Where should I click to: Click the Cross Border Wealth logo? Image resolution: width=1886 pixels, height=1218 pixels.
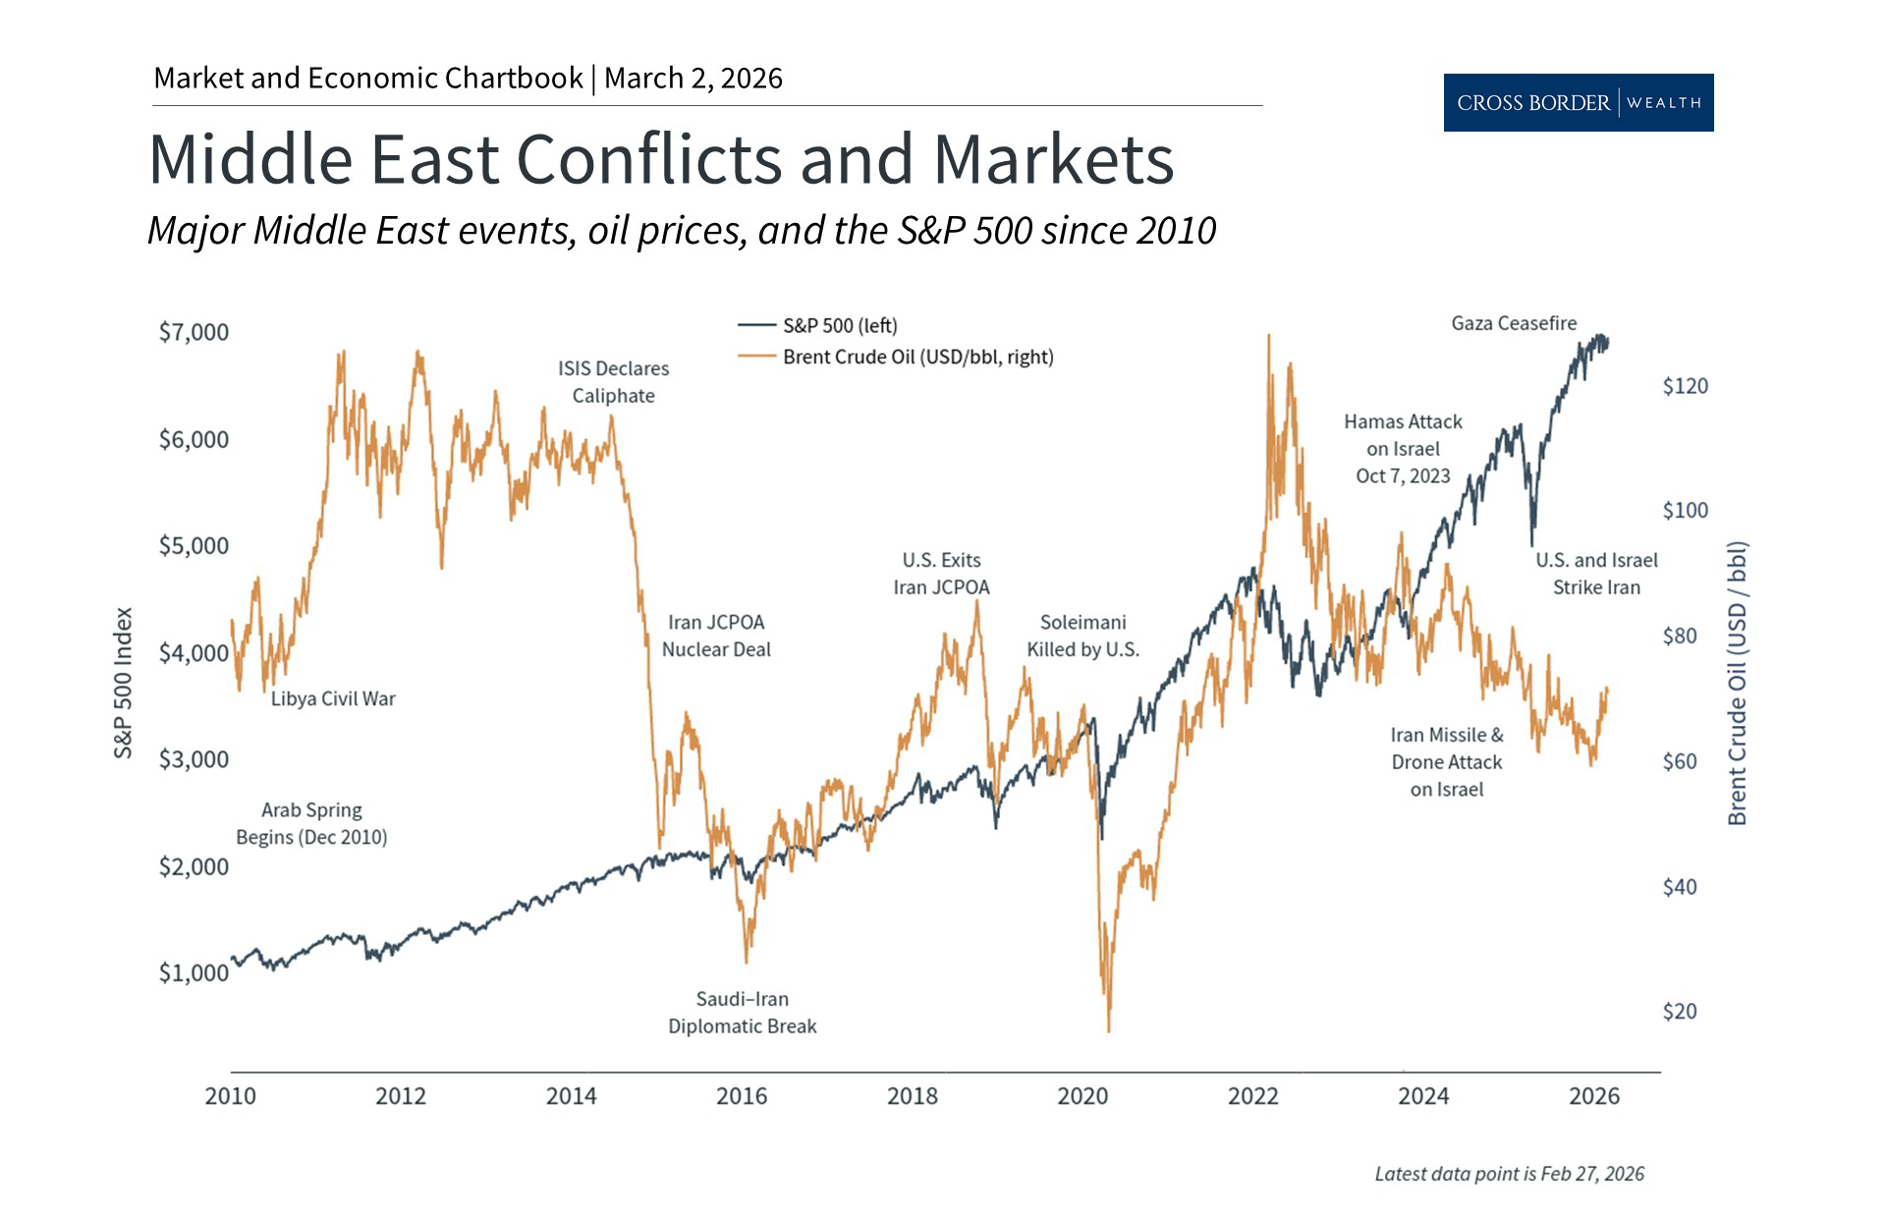1578,102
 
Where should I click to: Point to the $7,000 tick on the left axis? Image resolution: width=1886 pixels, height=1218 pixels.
194,332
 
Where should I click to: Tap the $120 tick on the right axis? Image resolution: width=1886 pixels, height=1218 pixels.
1685,386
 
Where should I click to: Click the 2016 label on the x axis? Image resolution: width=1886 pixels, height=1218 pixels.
742,1096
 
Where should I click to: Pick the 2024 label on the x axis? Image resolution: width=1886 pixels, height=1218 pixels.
1423,1096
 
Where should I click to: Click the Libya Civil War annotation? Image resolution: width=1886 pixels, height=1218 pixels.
333,698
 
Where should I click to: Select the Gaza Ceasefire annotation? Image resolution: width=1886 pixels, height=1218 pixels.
1514,323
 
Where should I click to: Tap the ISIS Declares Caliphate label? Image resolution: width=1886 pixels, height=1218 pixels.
613,382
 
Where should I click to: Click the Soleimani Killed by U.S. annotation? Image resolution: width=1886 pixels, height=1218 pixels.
1082,636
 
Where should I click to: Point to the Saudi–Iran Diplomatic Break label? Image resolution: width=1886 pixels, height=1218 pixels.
742,1013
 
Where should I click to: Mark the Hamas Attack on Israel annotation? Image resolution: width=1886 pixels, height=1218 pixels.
1403,449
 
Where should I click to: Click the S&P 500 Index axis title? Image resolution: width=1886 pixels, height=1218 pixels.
123,683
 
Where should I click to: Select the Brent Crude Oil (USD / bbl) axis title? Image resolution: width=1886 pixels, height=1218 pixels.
1737,683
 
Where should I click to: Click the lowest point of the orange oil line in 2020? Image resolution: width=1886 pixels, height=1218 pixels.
1109,1030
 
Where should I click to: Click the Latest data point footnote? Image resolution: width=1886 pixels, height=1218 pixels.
1509,1174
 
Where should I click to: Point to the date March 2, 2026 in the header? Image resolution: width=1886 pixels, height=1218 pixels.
693,79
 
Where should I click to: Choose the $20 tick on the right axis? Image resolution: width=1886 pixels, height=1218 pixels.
1679,1012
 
